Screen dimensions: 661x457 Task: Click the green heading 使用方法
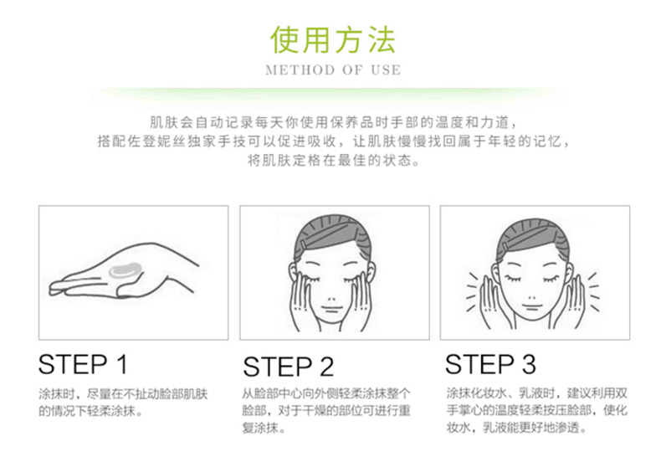[x=333, y=40]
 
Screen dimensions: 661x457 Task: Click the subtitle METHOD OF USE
[x=333, y=70]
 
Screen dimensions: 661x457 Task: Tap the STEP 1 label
[x=83, y=364]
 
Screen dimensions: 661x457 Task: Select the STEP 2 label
[x=289, y=367]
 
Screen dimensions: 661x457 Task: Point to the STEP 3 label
[x=490, y=364]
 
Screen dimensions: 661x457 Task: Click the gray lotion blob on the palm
[x=125, y=270]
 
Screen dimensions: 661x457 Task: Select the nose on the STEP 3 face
[x=531, y=297]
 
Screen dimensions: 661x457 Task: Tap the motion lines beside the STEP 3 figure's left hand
[x=593, y=291]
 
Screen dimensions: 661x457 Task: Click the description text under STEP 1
[x=123, y=403]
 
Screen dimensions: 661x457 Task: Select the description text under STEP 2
[x=326, y=411]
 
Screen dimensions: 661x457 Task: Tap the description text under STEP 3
[x=537, y=411]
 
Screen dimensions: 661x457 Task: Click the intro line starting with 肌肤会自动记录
[x=333, y=123]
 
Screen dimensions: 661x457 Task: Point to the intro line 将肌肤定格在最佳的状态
[x=333, y=161]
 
